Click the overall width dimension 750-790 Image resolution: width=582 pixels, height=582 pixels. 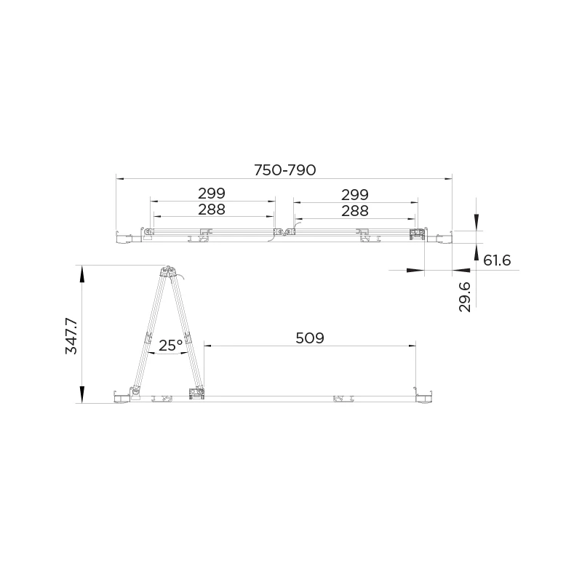point(284,170)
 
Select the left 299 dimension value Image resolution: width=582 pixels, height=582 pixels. point(212,194)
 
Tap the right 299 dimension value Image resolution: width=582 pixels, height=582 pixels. point(355,194)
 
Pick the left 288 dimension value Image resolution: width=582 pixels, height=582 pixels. point(212,210)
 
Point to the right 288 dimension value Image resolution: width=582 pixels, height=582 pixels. point(355,210)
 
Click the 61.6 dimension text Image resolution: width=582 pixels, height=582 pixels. point(497,260)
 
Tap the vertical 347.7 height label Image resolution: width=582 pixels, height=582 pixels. point(71,335)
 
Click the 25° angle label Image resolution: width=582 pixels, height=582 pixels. point(170,346)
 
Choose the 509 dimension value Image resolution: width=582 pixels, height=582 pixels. point(310,338)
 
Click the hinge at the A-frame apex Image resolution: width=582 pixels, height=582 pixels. point(169,271)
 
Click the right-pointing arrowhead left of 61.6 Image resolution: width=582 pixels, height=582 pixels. point(415,270)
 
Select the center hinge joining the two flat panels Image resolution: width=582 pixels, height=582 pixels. point(283,234)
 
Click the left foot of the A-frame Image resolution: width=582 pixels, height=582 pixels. point(135,393)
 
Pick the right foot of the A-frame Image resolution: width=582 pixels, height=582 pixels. point(198,394)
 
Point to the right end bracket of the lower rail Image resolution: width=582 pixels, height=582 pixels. point(423,396)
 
